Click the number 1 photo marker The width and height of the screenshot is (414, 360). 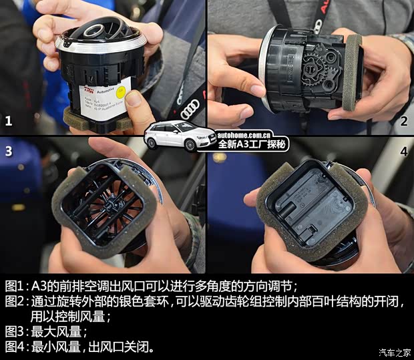pyautogui.click(x=9, y=121)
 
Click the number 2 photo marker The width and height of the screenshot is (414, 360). pyautogui.click(x=403, y=121)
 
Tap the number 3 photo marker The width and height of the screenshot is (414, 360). pyautogui.click(x=9, y=151)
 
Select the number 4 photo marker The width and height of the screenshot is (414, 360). pyautogui.click(x=403, y=152)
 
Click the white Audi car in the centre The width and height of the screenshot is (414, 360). pyautogui.click(x=172, y=136)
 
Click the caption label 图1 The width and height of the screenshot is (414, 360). pyautogui.click(x=15, y=286)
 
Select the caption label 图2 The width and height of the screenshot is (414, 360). pyautogui.click(x=15, y=302)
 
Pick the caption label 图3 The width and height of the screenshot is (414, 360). pyautogui.click(x=15, y=332)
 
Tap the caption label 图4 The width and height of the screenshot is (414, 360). pyautogui.click(x=15, y=347)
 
